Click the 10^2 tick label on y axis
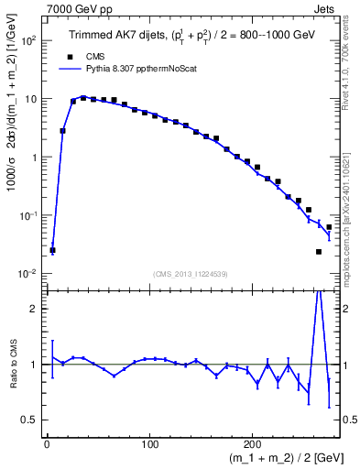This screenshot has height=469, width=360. tap(28, 41)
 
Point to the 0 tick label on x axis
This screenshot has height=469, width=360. tap(47, 443)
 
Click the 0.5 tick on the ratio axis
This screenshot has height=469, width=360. tap(30, 420)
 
